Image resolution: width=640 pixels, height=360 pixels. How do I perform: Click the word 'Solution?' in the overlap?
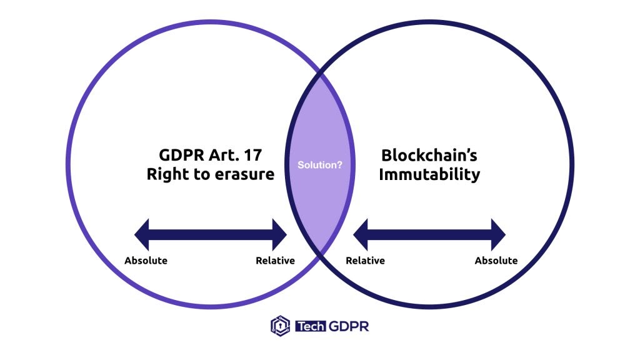pyautogui.click(x=319, y=165)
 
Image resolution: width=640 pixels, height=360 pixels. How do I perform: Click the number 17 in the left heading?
pyautogui.click(x=252, y=155)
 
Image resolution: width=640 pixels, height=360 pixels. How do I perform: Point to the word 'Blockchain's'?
pyautogui.click(x=429, y=156)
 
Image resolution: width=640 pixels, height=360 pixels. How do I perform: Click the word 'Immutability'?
pyautogui.click(x=429, y=175)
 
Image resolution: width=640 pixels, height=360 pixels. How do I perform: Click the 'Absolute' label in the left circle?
pyautogui.click(x=146, y=261)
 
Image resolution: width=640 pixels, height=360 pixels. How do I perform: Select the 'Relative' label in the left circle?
pyautogui.click(x=275, y=261)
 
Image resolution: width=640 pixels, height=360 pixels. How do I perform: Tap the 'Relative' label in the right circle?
pyautogui.click(x=365, y=261)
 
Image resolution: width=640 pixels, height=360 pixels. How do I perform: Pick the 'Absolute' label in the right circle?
pyautogui.click(x=496, y=261)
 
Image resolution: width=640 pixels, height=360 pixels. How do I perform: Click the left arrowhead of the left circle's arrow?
pyautogui.click(x=142, y=235)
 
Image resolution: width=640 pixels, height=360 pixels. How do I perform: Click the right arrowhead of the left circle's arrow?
pyautogui.click(x=279, y=235)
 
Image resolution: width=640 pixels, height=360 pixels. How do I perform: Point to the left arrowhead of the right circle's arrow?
pyautogui.click(x=361, y=235)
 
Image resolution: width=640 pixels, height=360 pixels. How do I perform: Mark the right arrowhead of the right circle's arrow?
pyautogui.click(x=498, y=235)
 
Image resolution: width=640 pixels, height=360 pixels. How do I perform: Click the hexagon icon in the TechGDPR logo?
pyautogui.click(x=281, y=326)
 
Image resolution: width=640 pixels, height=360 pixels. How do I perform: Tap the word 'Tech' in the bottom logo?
pyautogui.click(x=310, y=326)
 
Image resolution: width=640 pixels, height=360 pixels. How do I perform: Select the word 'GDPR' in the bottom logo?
pyautogui.click(x=349, y=326)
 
